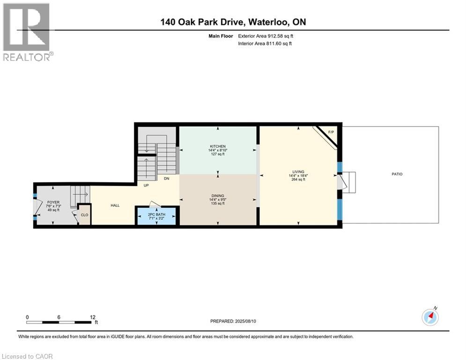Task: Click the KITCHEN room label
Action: point(218,146)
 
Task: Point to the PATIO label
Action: point(397,174)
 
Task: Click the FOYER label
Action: point(52,202)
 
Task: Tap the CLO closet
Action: point(84,215)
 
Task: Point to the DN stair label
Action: point(166,178)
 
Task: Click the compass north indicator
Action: point(430,316)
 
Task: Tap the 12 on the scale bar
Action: point(93,317)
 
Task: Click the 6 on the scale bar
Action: point(59,317)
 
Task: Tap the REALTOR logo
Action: point(27,32)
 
